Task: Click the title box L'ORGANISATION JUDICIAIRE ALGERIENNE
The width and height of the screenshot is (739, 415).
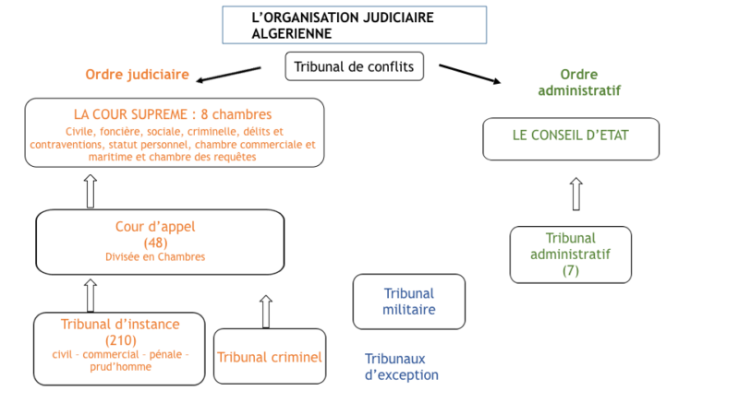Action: point(355,25)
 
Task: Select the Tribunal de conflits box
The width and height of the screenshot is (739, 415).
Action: point(355,66)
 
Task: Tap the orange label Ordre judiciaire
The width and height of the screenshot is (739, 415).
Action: point(137,75)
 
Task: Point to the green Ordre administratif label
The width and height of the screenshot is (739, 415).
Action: point(579,82)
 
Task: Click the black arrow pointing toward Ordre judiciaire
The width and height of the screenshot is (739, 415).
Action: point(228,75)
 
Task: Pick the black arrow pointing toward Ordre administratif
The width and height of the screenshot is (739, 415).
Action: point(470,75)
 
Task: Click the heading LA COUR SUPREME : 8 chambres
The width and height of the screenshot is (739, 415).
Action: point(173,114)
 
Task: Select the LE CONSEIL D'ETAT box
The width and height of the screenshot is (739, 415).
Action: point(571,139)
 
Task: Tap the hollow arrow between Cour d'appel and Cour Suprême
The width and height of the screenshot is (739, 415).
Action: point(91,191)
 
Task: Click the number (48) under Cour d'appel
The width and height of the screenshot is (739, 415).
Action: point(155,243)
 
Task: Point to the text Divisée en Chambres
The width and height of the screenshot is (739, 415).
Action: point(155,257)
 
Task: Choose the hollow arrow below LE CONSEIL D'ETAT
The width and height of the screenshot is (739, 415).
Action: point(575,194)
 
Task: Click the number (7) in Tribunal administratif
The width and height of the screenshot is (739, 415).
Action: point(570,270)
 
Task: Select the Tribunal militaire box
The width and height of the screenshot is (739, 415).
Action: point(409,302)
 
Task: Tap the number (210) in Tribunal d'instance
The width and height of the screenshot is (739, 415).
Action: point(121,340)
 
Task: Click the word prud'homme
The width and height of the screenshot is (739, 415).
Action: point(121,367)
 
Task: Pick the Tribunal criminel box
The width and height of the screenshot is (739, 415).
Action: point(270,356)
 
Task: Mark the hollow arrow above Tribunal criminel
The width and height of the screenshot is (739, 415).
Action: point(266,312)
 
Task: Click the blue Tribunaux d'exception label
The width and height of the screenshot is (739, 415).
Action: point(402,367)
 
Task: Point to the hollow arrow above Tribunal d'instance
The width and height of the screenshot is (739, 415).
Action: point(91,295)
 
